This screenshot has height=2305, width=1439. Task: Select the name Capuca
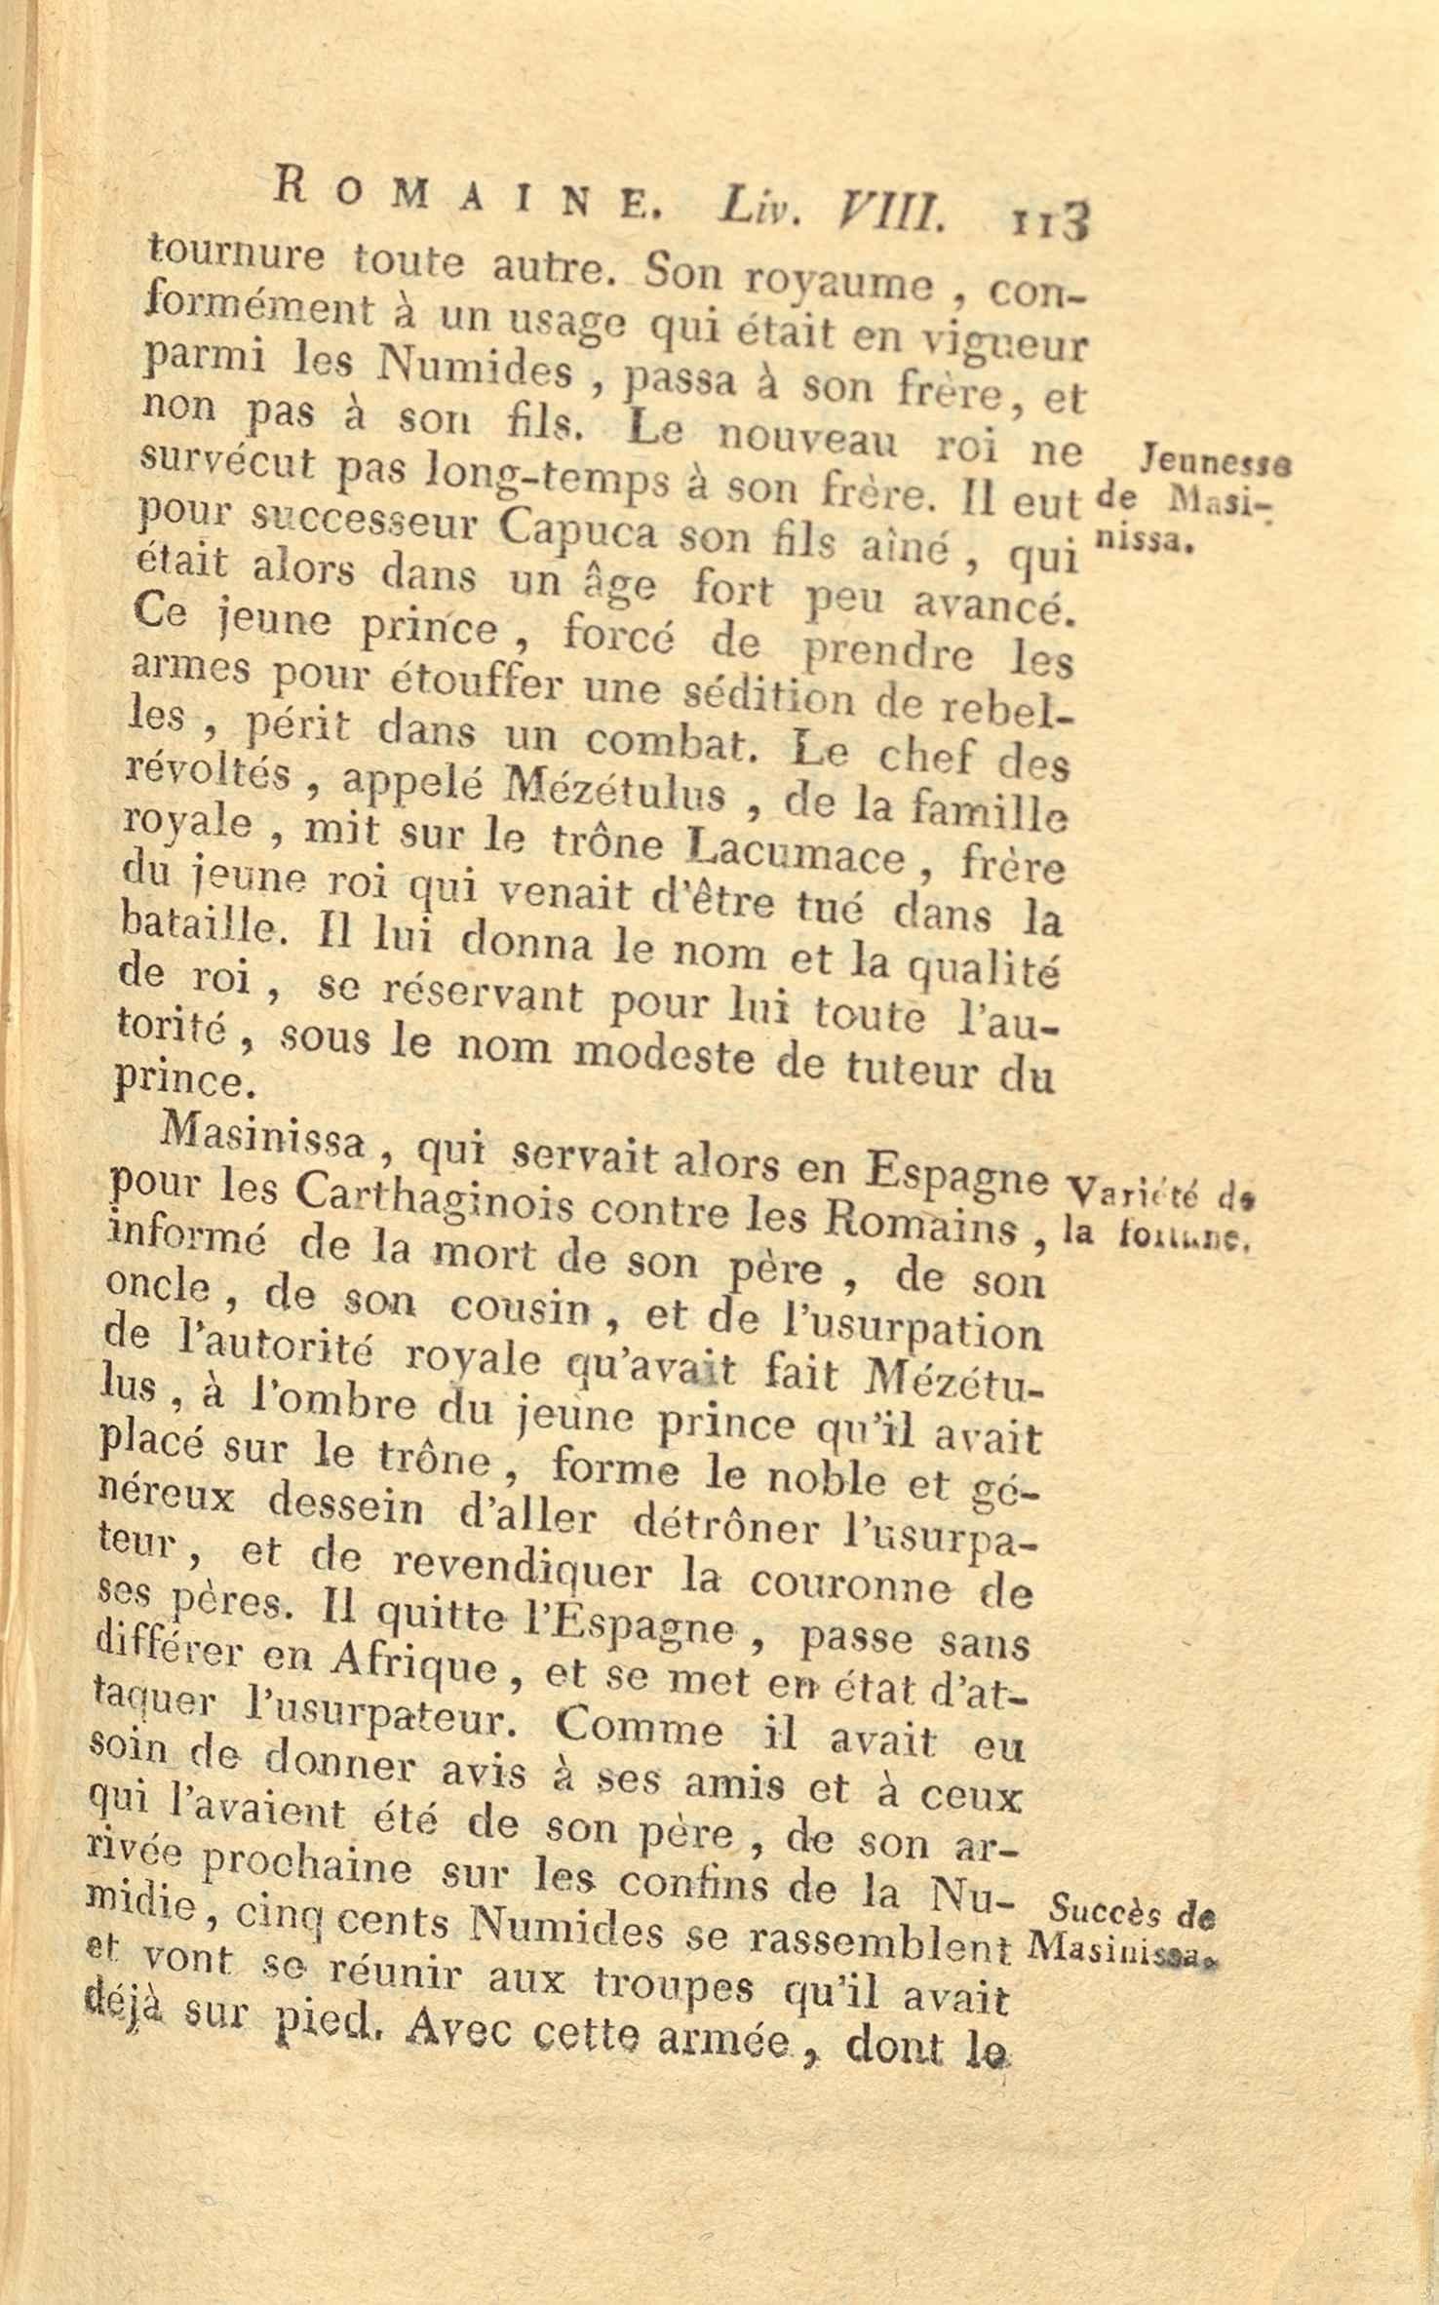(578, 534)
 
